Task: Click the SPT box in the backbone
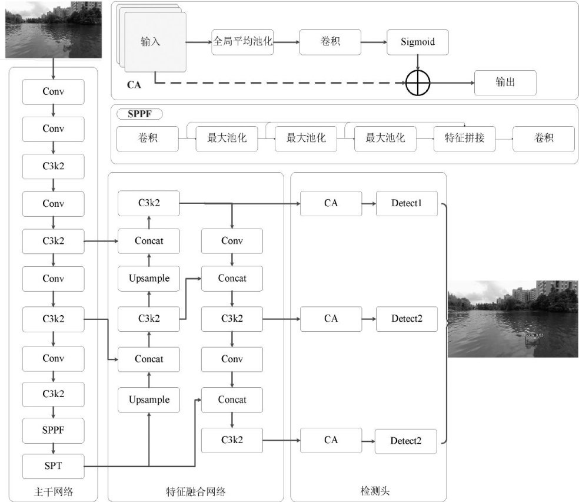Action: pos(53,467)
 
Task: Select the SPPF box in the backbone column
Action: pos(53,430)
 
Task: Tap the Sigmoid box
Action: pos(417,42)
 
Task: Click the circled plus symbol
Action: pos(418,83)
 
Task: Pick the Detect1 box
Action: pos(407,203)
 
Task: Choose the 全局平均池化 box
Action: pos(243,42)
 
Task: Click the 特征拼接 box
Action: pos(464,139)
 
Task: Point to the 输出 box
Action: pos(505,82)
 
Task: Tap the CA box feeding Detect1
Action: pos(331,203)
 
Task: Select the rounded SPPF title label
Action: pos(139,114)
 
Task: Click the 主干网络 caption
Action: pos(53,491)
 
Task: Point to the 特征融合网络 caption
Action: pos(195,491)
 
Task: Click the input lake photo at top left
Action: pos(54,29)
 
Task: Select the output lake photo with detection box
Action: pos(513,319)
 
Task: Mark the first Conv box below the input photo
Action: pos(53,91)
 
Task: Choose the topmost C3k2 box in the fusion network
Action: pos(148,203)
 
